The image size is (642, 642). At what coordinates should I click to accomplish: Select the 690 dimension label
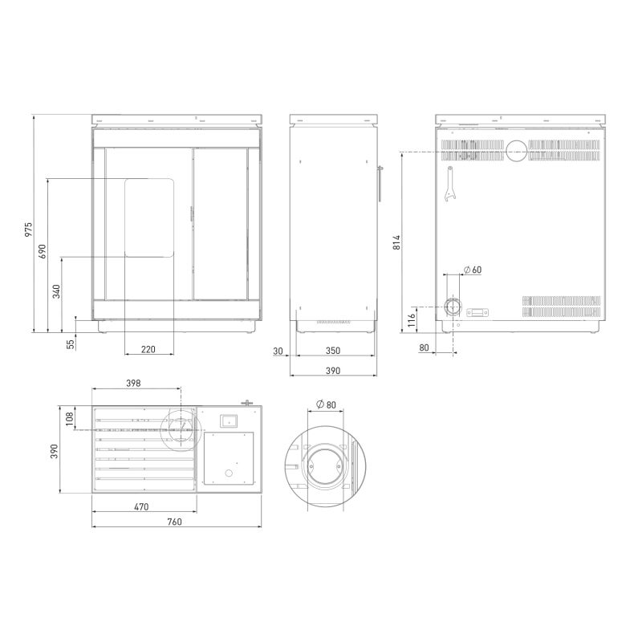(x=43, y=251)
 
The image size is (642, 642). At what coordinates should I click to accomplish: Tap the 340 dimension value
(x=56, y=291)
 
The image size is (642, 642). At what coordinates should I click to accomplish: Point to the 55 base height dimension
(x=71, y=344)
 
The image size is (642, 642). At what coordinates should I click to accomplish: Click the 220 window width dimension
(x=148, y=349)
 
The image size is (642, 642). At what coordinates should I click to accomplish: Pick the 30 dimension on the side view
(x=278, y=351)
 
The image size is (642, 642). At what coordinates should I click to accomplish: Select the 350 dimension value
(x=333, y=351)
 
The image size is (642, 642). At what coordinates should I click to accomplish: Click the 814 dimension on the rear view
(x=396, y=242)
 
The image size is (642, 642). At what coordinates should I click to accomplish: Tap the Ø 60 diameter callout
(x=473, y=270)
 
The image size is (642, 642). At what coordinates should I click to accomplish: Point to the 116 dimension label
(x=412, y=317)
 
